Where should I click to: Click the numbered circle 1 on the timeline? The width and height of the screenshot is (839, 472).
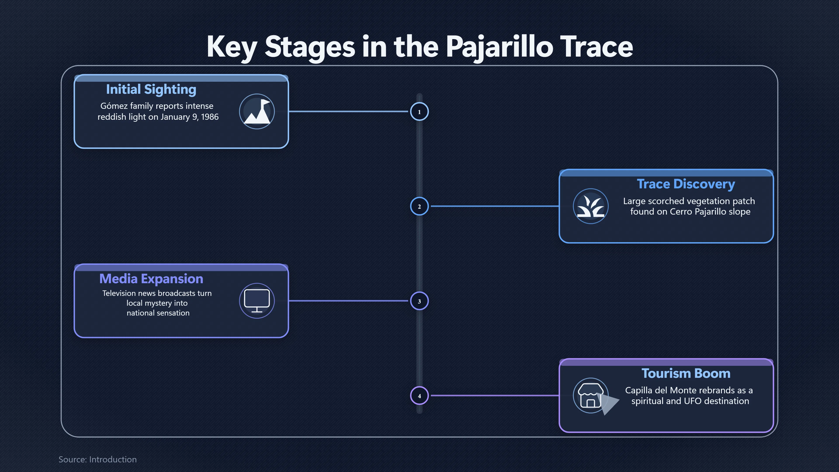[x=419, y=111]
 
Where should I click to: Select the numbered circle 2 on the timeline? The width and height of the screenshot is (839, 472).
[x=419, y=206]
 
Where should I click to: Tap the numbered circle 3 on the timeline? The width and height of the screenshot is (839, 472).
[x=419, y=301]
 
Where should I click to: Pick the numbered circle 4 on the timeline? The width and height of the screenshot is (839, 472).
[x=419, y=396]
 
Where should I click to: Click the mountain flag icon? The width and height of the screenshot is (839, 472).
[x=257, y=111]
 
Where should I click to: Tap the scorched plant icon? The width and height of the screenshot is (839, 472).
[x=591, y=206]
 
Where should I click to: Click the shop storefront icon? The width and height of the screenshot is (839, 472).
[x=591, y=396]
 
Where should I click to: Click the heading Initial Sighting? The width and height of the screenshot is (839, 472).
[x=151, y=89]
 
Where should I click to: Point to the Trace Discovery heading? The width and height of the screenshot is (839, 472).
[x=686, y=184]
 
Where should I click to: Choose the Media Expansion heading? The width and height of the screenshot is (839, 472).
[x=151, y=279]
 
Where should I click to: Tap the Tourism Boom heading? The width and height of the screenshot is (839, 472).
[x=686, y=373]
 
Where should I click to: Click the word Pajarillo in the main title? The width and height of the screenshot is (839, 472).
[x=499, y=47]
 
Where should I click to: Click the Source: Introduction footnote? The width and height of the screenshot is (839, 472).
[x=97, y=459]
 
